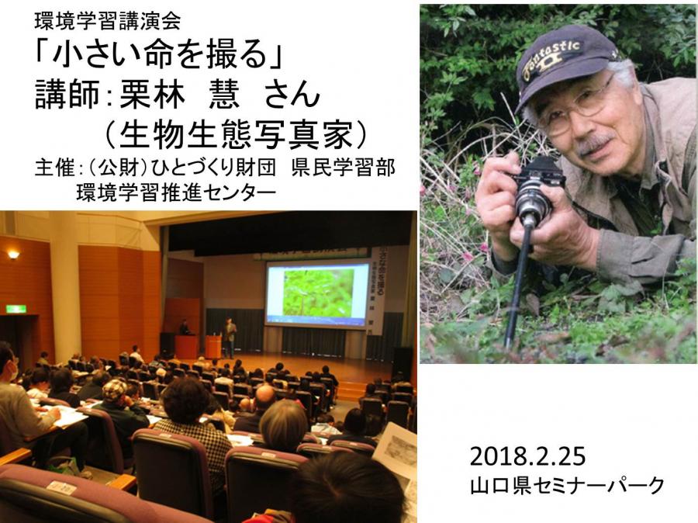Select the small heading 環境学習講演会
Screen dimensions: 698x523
(107, 20)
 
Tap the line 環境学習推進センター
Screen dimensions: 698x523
(176, 192)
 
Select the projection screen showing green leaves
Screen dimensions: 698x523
(317, 293)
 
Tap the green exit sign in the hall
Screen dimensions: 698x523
(16, 309)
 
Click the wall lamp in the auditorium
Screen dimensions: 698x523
(13, 255)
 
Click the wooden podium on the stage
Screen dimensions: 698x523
(213, 347)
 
